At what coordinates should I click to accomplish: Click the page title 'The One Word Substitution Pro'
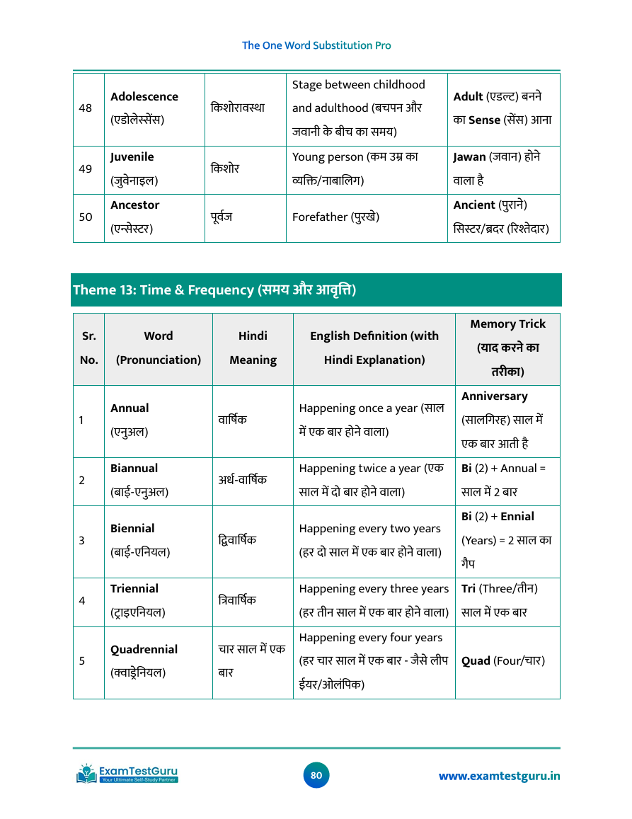tap(316, 45)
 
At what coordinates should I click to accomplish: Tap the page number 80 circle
tap(316, 775)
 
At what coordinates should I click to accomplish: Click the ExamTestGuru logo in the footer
tap(127, 774)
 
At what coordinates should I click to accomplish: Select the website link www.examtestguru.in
tap(499, 776)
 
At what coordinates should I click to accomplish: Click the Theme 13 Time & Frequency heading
tap(214, 290)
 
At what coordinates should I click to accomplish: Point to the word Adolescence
tap(144, 96)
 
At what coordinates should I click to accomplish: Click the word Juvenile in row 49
tap(132, 157)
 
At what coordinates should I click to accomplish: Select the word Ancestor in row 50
tap(134, 205)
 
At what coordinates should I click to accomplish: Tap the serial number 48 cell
tap(86, 108)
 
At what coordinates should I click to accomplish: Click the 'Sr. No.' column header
tap(89, 348)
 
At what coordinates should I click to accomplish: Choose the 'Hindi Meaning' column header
tap(253, 348)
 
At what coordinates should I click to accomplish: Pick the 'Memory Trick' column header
tap(507, 324)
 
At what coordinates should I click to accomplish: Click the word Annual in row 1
tap(130, 408)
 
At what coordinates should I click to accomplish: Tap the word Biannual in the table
tap(134, 469)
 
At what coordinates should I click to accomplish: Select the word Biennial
tap(132, 529)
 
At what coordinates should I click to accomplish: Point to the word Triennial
tap(134, 589)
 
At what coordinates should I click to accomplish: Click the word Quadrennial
tap(144, 649)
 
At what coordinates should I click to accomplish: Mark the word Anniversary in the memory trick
tap(494, 396)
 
